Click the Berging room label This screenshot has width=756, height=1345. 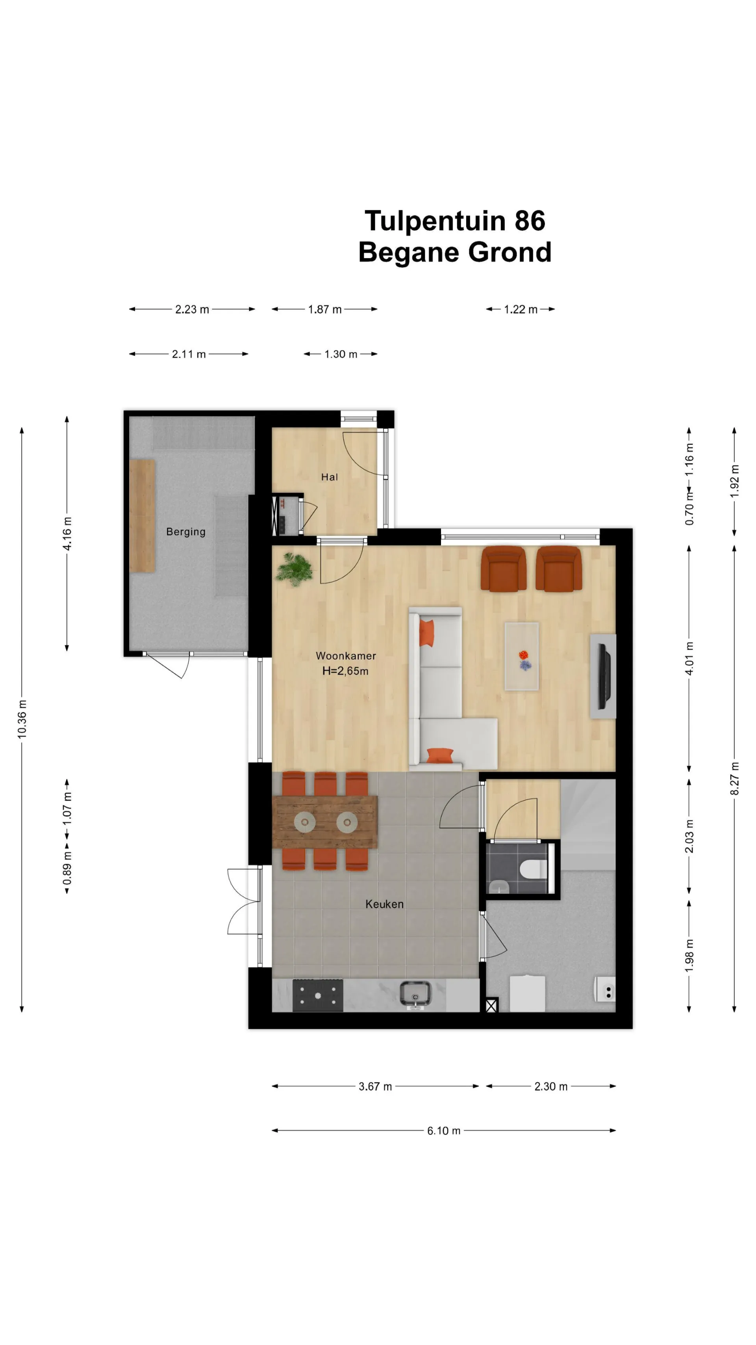[x=186, y=532]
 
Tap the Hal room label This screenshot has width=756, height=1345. [x=329, y=477]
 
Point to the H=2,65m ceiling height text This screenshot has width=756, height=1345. [x=345, y=671]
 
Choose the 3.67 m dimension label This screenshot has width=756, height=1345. [x=375, y=1086]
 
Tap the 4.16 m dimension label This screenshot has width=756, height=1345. [x=67, y=533]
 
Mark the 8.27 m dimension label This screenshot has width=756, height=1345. [x=734, y=778]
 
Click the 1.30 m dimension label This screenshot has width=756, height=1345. [x=341, y=354]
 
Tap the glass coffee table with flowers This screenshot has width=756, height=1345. [x=522, y=656]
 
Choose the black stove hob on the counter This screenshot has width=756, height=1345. [x=318, y=995]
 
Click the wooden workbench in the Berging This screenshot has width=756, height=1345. [x=143, y=516]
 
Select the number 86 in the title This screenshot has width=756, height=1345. [x=530, y=220]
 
